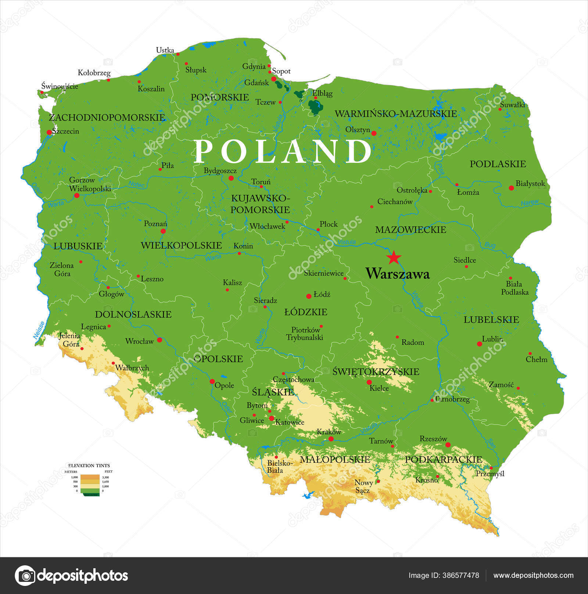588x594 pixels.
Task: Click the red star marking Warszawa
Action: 394,257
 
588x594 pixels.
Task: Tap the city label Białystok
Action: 530,183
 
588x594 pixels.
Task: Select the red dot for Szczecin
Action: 49,132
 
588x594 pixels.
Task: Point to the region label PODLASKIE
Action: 498,164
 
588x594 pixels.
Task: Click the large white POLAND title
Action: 282,151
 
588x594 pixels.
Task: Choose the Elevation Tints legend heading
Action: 89,465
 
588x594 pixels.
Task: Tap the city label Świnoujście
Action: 60,86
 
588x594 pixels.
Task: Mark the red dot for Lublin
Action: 479,344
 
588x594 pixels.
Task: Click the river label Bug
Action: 490,245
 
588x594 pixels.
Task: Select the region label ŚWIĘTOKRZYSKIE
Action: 376,372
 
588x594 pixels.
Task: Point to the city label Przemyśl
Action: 490,474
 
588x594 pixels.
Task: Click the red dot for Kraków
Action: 331,439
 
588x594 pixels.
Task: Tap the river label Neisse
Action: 39,330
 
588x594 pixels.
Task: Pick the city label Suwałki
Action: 512,104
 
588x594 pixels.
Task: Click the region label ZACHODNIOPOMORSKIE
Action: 107,118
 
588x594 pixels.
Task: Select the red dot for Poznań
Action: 163,231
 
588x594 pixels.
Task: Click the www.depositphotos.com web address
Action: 533,575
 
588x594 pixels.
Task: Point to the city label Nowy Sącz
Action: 363,486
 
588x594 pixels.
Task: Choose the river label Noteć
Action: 136,185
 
